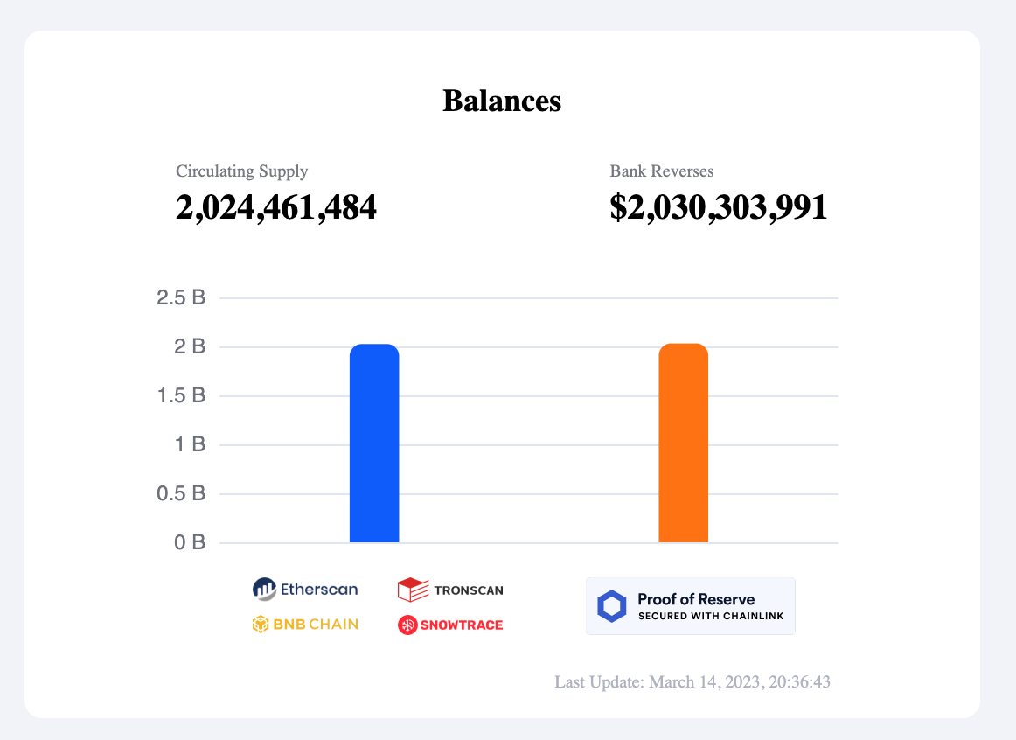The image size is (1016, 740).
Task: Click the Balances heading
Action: coord(502,101)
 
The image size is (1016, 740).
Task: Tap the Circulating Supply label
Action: coord(241,171)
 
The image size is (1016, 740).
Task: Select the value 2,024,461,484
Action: coord(276,207)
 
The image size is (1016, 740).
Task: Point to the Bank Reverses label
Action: coord(662,171)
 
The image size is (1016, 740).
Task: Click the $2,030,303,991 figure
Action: coord(719,207)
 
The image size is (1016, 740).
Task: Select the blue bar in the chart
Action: coord(374,443)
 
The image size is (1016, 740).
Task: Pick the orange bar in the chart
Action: coord(683,443)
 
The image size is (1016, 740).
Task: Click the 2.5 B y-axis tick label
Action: coord(181,298)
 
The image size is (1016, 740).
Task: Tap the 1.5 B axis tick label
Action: coord(181,396)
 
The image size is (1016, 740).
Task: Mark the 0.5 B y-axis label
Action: coord(181,494)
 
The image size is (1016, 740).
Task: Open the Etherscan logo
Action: coord(305,590)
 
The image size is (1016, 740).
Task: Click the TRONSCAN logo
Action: coord(450,590)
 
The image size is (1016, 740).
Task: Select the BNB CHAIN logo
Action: coord(305,625)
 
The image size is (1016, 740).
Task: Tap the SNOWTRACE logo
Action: coord(450,625)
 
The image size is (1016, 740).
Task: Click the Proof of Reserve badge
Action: coord(691,605)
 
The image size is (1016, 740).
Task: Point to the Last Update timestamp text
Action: coord(692,682)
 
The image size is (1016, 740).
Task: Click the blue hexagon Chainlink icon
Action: coord(612,606)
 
